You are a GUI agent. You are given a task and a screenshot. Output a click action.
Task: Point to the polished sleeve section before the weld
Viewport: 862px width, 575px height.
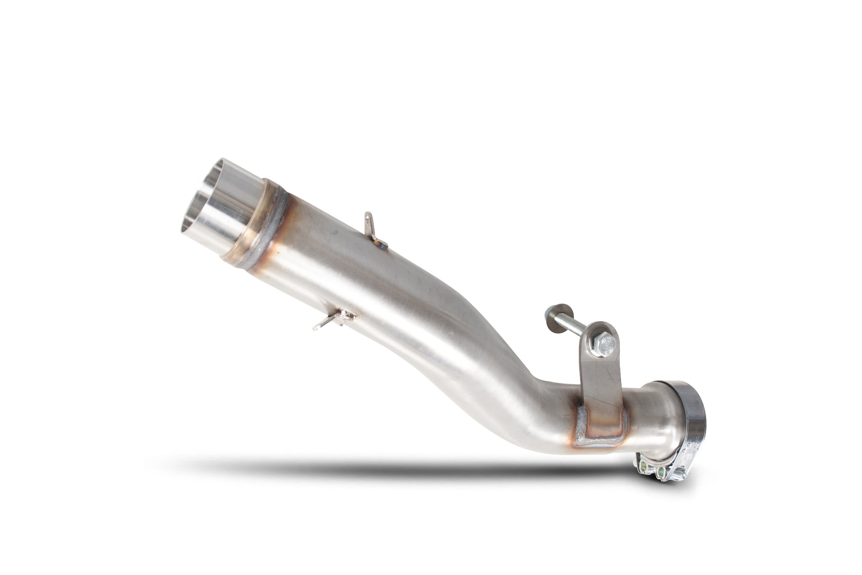[x=230, y=208]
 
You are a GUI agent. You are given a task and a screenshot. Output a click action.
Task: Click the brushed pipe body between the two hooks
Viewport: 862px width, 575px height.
[x=346, y=275]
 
